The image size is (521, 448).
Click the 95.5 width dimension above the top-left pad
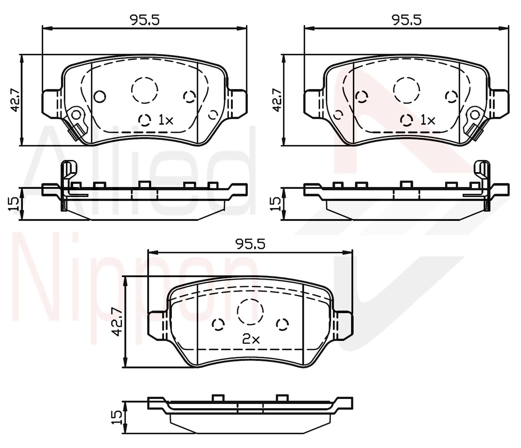145,20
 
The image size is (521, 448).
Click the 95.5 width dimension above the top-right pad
407,20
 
